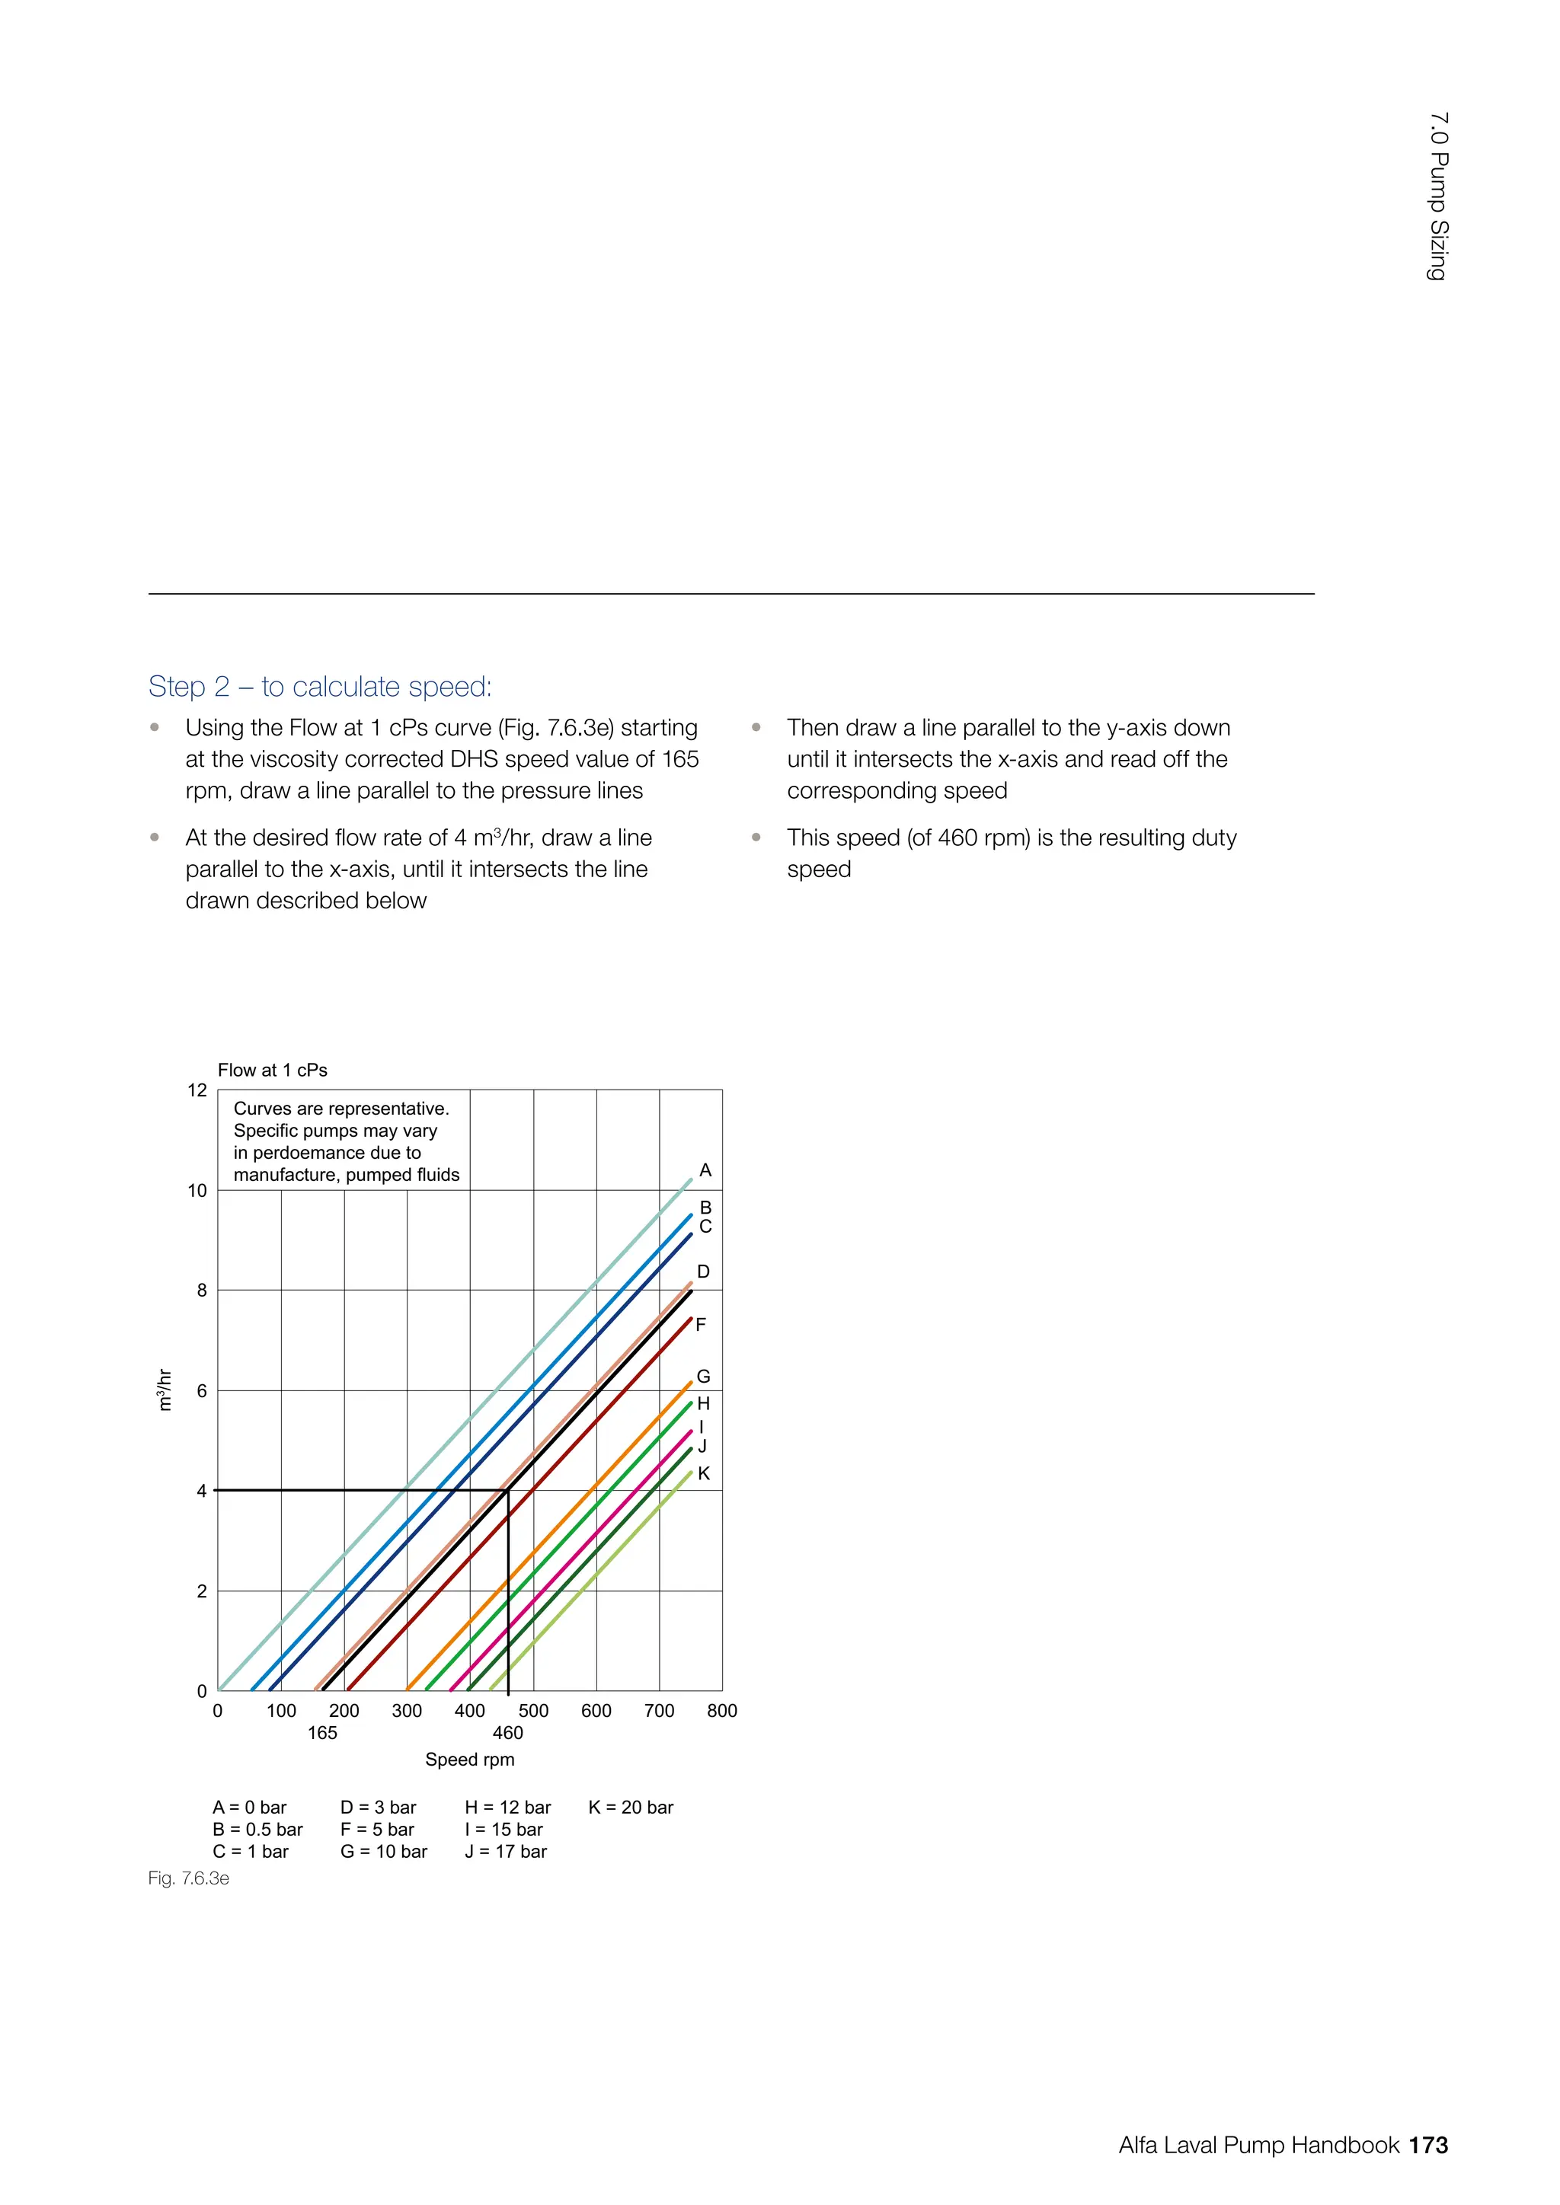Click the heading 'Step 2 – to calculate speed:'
click(320, 687)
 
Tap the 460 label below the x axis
click(507, 1732)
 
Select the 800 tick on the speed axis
click(721, 1710)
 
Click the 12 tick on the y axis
click(197, 1090)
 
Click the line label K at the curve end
click(703, 1473)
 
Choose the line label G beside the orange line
click(703, 1376)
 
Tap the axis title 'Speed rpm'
click(470, 1760)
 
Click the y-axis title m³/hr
click(165, 1390)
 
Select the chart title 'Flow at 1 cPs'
click(272, 1070)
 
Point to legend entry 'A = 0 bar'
click(249, 1808)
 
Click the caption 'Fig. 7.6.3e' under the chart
click(188, 1878)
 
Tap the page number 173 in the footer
click(1428, 2145)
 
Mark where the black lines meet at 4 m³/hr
click(507, 1491)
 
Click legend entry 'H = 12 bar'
click(507, 1808)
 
